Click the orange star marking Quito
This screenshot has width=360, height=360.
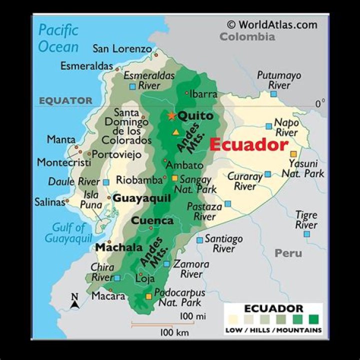[x=171, y=115]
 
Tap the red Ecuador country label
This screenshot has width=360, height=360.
[x=248, y=145]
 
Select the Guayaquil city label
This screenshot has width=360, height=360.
[x=142, y=198]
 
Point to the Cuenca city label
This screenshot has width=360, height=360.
[x=152, y=220]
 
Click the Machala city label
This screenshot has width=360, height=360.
[x=119, y=247]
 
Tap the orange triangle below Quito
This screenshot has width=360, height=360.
[x=175, y=132]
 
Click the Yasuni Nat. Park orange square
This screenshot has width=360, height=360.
[x=293, y=153]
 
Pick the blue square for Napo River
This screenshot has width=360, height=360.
[x=269, y=126]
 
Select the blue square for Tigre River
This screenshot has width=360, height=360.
[x=306, y=233]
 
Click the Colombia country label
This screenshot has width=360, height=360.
[x=247, y=36]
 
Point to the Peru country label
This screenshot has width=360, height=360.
[x=288, y=253]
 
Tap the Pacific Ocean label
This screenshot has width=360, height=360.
[x=58, y=38]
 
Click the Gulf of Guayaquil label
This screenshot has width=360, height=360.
[x=69, y=233]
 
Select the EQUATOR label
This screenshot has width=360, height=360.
[x=66, y=100]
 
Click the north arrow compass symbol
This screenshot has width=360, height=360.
[x=75, y=301]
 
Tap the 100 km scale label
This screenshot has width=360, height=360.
[x=174, y=332]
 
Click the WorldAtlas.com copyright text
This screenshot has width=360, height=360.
[x=272, y=24]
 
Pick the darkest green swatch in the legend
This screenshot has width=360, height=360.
[x=314, y=319]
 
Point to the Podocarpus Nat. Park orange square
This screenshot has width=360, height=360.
[x=148, y=296]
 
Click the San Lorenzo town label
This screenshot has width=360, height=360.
[x=122, y=48]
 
